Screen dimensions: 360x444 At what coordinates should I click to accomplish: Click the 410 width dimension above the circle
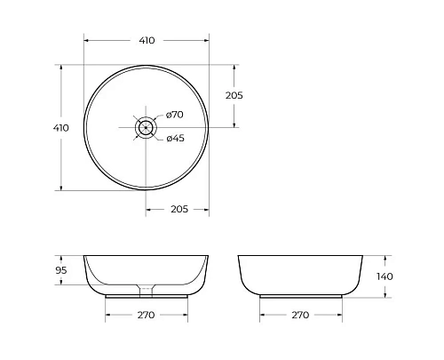tap(147, 40)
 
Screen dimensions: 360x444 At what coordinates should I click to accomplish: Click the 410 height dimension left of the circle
tap(61, 127)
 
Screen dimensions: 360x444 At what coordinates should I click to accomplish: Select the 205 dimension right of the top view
tap(234, 95)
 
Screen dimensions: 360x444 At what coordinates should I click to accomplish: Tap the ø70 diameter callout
tap(175, 115)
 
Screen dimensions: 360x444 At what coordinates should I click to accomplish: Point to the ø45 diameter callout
tap(175, 137)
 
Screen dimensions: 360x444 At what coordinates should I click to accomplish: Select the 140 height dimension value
tap(385, 276)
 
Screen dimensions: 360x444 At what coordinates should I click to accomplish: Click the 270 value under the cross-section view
tap(147, 315)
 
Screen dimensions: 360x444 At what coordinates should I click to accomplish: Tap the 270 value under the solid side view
tap(300, 315)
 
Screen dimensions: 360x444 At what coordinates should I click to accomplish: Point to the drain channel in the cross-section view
tap(146, 288)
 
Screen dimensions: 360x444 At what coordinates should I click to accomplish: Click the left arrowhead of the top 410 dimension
tap(86, 40)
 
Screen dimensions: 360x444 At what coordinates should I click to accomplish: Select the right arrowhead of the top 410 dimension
tap(206, 40)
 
